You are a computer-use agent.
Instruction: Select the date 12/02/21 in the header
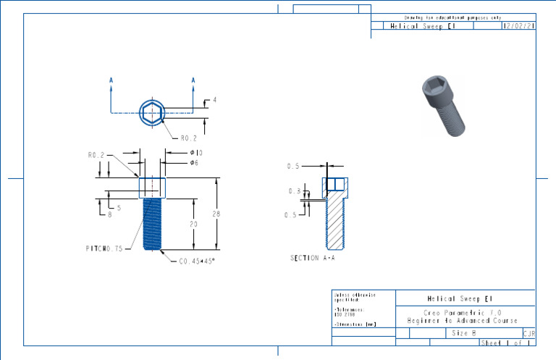tap(518, 26)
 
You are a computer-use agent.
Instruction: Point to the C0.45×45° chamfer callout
tap(197, 261)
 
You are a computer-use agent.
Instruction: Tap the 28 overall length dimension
tap(216, 214)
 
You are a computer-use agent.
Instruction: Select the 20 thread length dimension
tap(193, 224)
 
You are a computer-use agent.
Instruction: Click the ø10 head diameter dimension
tap(195, 153)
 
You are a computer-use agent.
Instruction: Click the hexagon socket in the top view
tap(153, 113)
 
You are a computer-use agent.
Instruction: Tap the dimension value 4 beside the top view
tap(214, 100)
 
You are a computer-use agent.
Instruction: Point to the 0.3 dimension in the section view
tap(294, 191)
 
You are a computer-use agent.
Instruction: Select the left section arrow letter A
tap(111, 80)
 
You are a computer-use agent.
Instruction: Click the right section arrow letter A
tap(193, 80)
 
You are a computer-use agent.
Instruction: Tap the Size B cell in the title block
tap(464, 333)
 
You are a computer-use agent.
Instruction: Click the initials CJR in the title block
tap(528, 333)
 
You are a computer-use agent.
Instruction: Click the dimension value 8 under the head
tap(110, 214)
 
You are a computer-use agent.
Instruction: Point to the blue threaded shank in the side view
tap(152, 225)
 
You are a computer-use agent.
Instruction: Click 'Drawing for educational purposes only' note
tap(452, 17)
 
